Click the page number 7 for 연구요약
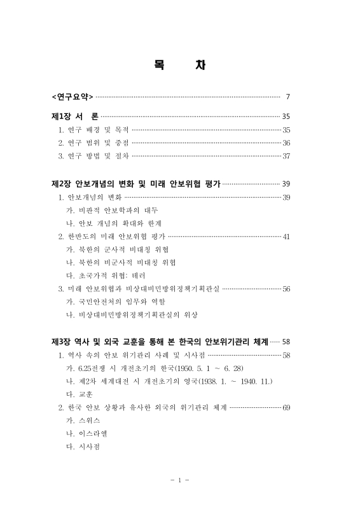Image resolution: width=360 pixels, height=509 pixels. [288, 97]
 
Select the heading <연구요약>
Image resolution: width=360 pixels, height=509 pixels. [72, 97]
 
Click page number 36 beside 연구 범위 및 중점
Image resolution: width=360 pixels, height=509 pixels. [286, 143]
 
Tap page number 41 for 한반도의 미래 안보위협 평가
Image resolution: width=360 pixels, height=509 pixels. [286, 237]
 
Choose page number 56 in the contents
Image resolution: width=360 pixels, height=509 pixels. [286, 289]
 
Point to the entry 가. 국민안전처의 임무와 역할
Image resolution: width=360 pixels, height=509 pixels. [114, 302]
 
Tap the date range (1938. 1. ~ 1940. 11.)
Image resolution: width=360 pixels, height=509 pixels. [228, 382]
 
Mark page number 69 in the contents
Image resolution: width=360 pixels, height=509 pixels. [286, 408]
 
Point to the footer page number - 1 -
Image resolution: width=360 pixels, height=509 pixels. [180, 480]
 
